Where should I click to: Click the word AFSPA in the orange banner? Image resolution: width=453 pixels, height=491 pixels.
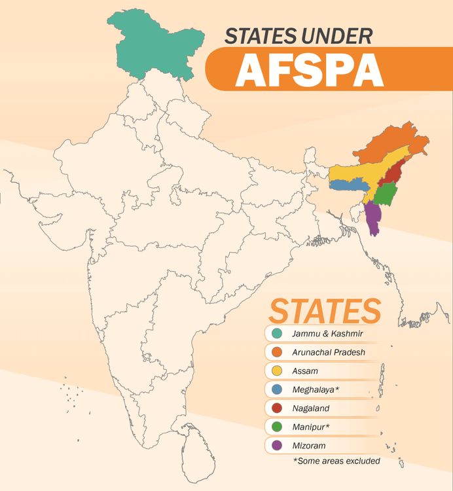[309, 69]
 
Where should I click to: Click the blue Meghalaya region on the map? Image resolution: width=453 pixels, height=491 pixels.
[347, 185]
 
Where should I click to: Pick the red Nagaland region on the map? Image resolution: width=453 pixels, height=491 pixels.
[393, 175]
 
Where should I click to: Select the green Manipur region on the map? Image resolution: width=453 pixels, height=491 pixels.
[388, 193]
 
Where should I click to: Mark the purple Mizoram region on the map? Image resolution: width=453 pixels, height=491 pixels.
[374, 218]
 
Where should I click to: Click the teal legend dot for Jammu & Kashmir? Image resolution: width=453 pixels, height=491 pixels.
[278, 334]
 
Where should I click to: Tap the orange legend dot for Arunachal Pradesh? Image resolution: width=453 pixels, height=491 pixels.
[278, 352]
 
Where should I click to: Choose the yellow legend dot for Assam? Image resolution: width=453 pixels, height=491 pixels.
[278, 371]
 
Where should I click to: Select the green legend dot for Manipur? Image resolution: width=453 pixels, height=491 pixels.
[278, 427]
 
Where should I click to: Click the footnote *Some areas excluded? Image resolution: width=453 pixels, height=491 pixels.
[336, 461]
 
